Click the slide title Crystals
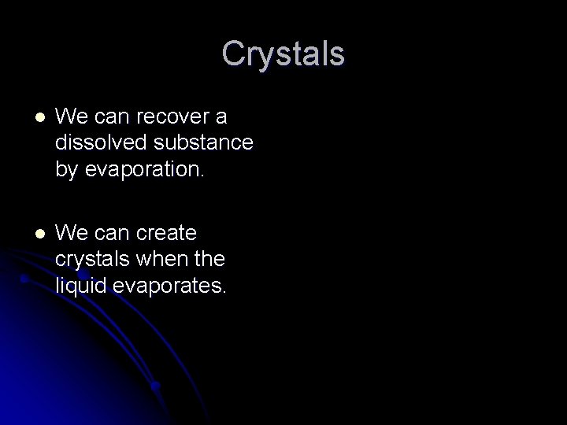(x=283, y=54)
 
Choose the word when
(x=176, y=259)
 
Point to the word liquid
(x=82, y=284)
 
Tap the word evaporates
(x=169, y=284)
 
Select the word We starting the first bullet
(x=72, y=118)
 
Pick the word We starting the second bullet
(x=72, y=234)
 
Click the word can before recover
(x=113, y=118)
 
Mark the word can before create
(x=113, y=234)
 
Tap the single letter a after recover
(x=221, y=118)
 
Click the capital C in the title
(x=233, y=54)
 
